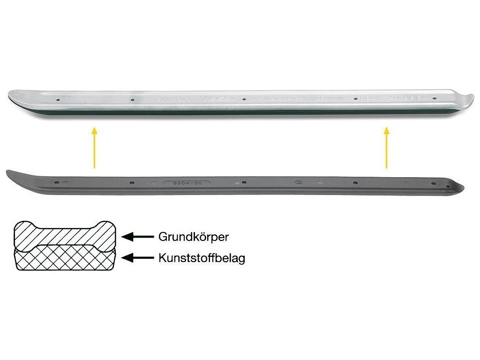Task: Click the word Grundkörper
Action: [x=193, y=237]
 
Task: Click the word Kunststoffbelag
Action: [x=202, y=258]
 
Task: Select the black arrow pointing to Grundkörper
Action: [x=138, y=237]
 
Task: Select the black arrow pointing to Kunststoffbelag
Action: [x=138, y=257]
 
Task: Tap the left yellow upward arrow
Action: [x=94, y=147]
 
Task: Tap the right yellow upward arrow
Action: [x=387, y=147]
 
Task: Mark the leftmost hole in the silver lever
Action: [x=57, y=99]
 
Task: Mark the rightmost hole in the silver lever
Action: [x=434, y=99]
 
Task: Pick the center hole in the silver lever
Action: [x=244, y=99]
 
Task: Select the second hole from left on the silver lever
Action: [x=132, y=99]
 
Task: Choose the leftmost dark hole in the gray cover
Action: [x=57, y=181]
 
